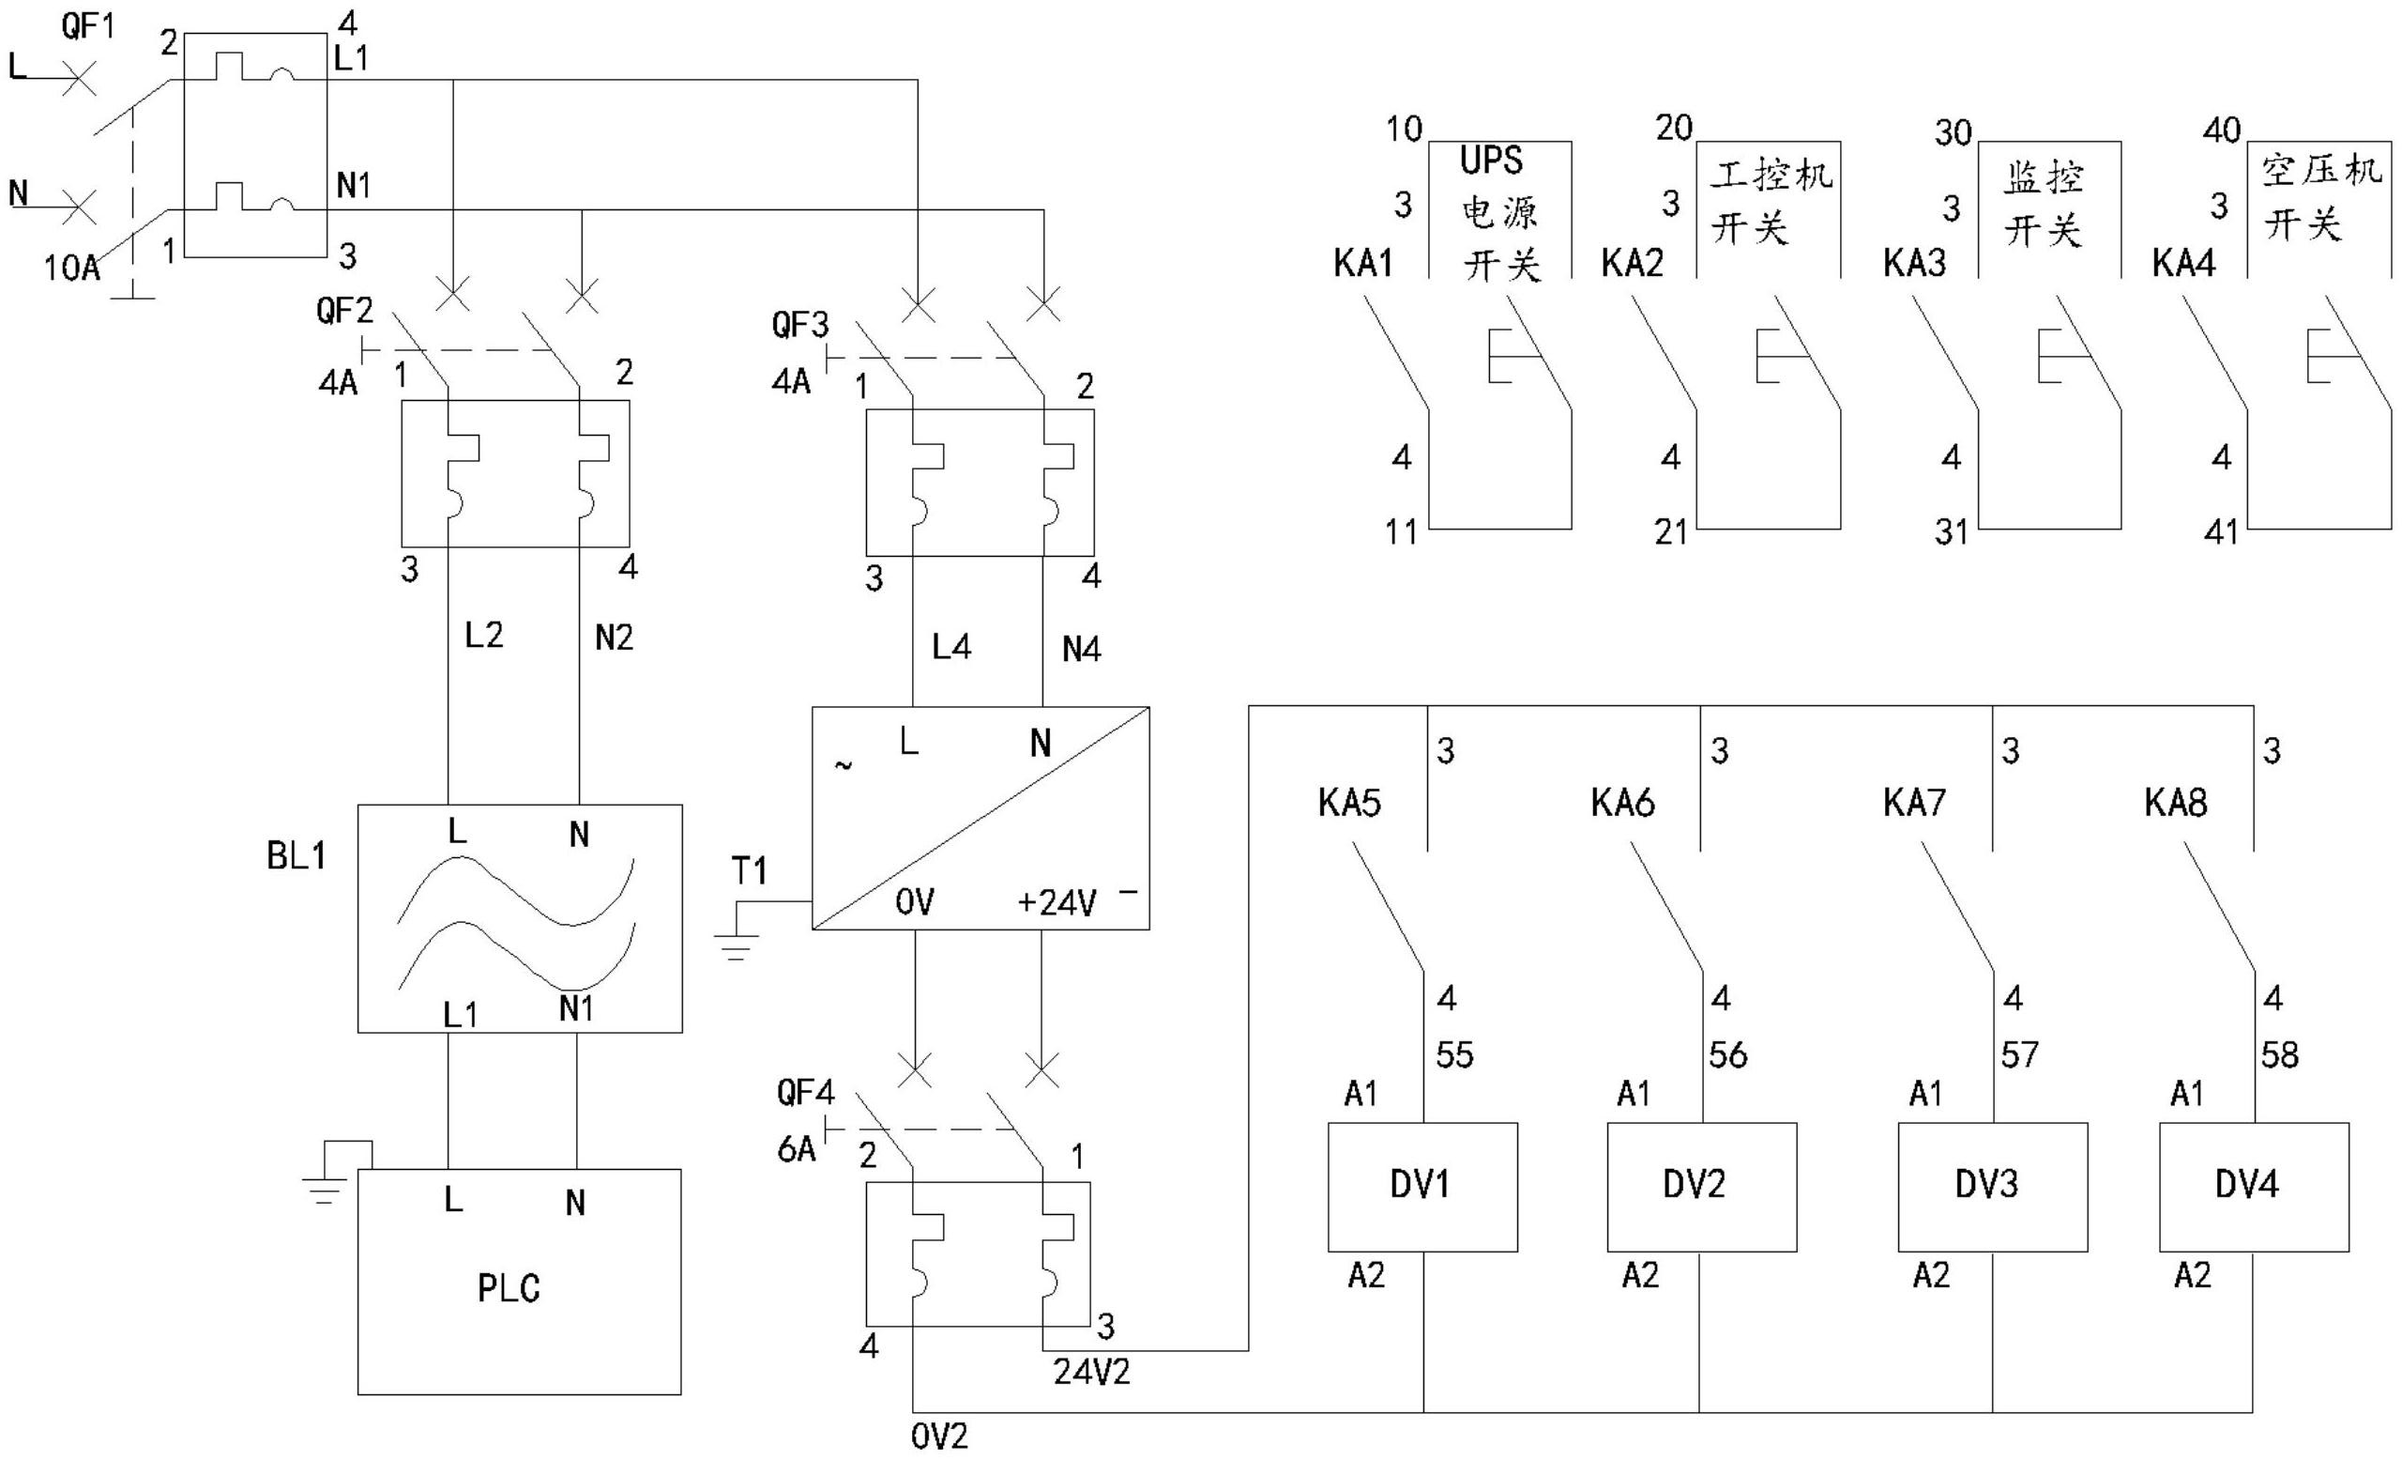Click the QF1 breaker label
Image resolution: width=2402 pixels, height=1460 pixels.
(x=88, y=26)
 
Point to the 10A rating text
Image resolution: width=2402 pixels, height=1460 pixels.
(x=72, y=268)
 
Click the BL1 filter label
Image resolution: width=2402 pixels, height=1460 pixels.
(x=296, y=855)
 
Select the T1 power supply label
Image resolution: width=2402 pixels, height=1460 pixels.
(x=749, y=871)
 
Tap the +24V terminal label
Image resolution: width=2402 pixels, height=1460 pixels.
(x=1057, y=903)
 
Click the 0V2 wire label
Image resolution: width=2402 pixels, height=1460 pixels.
(x=940, y=1436)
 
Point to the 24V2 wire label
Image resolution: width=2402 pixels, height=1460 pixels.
(x=1092, y=1373)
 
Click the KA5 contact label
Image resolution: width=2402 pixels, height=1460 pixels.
(x=1349, y=803)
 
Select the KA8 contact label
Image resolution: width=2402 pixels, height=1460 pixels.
(x=2176, y=803)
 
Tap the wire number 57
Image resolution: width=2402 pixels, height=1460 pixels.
(x=2020, y=1054)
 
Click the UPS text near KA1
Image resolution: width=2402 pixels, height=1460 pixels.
(x=1491, y=161)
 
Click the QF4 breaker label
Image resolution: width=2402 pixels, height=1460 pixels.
(x=805, y=1092)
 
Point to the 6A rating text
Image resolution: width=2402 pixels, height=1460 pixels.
(x=796, y=1150)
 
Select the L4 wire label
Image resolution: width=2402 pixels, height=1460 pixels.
(x=951, y=647)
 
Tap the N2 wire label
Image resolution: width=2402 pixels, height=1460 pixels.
(x=615, y=638)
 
